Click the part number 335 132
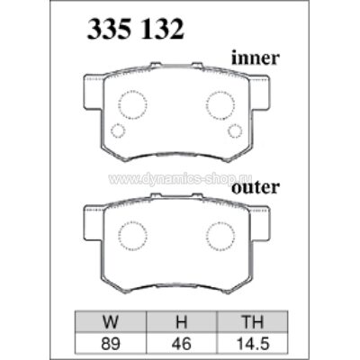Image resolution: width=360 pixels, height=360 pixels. pos(136,29)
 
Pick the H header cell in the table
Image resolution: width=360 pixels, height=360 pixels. pos(180,319)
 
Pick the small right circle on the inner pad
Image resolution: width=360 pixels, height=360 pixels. pos(235,131)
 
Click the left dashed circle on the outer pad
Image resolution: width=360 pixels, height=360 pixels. pos(132,236)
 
